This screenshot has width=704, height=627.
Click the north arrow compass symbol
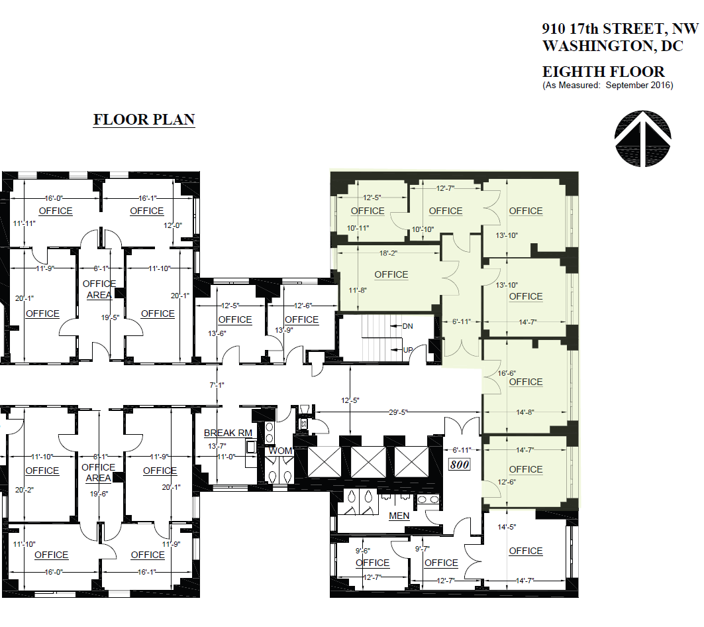coord(643,139)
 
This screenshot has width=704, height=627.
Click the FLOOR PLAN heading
coord(144,120)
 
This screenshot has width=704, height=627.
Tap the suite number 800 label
coord(460,465)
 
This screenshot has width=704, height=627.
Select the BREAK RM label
coord(228,433)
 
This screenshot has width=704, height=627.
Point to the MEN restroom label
coord(399,516)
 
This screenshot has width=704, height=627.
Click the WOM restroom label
coord(280,451)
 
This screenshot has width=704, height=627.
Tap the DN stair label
coord(408,326)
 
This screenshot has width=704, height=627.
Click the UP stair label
coord(409,349)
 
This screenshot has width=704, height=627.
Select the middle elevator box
coord(368,462)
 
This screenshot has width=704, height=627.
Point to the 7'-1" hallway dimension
coord(217,385)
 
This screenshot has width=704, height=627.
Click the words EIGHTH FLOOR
coord(603,72)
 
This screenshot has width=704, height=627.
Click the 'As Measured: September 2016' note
coord(607,85)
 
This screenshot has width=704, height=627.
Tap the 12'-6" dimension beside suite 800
coord(507,482)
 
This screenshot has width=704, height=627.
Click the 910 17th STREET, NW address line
coord(620,29)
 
